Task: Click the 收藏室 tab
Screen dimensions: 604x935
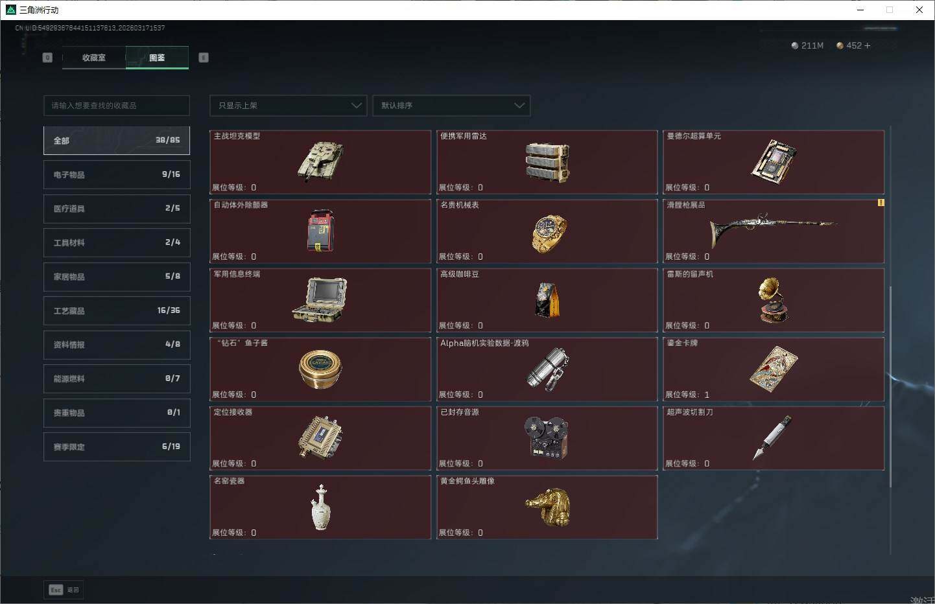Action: (x=94, y=58)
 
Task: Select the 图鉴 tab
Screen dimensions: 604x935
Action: (x=157, y=58)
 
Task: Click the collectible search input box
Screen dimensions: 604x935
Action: (x=117, y=106)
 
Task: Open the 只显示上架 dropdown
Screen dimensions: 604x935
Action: (x=289, y=106)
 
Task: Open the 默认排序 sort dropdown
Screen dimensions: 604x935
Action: (x=451, y=106)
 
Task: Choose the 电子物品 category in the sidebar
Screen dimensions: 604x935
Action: (x=117, y=174)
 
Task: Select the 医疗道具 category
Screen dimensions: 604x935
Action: (x=117, y=209)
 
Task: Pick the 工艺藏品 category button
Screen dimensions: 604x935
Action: (x=117, y=310)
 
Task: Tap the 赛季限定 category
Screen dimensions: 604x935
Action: (x=117, y=447)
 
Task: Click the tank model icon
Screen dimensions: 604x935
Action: (x=320, y=161)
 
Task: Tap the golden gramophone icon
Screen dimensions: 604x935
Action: (x=773, y=299)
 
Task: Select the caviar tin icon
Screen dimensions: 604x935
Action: (x=320, y=369)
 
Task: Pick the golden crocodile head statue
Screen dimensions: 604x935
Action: (x=548, y=506)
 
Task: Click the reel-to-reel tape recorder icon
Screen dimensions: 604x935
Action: (x=547, y=437)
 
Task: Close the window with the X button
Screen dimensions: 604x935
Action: (x=919, y=10)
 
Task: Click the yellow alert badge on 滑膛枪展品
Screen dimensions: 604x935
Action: (x=881, y=203)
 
